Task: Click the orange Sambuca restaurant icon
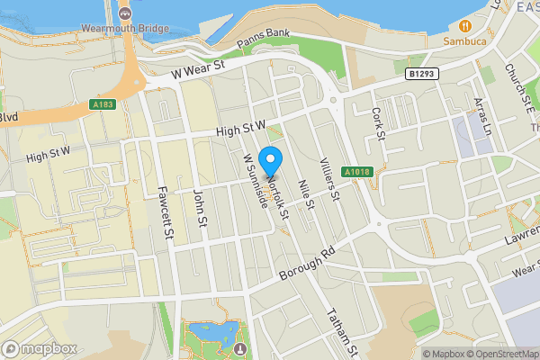pyautogui.click(x=465, y=25)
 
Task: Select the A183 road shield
pyautogui.click(x=102, y=104)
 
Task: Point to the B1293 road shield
pyautogui.click(x=421, y=75)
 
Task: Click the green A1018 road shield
pyautogui.click(x=357, y=170)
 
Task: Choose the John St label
pyautogui.click(x=201, y=207)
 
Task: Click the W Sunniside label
pyautogui.click(x=256, y=178)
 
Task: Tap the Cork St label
pyautogui.click(x=378, y=125)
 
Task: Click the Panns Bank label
pyautogui.click(x=264, y=42)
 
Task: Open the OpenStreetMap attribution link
pyautogui.click(x=499, y=353)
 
